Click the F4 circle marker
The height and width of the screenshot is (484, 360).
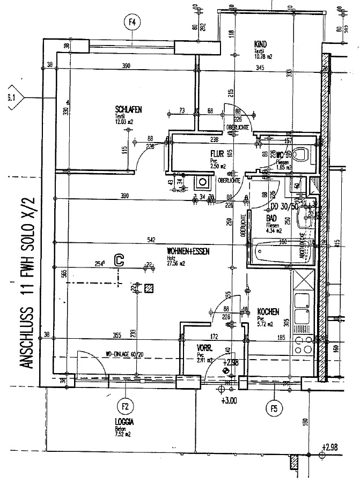point(131,23)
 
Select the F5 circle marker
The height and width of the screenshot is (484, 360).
point(274,409)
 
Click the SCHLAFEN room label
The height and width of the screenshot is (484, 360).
point(128,109)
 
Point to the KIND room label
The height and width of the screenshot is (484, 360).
point(261,44)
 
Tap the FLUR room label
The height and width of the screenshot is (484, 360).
point(217,153)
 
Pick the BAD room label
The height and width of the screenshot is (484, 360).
point(272,219)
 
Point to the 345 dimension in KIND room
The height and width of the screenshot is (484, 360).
point(260,67)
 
